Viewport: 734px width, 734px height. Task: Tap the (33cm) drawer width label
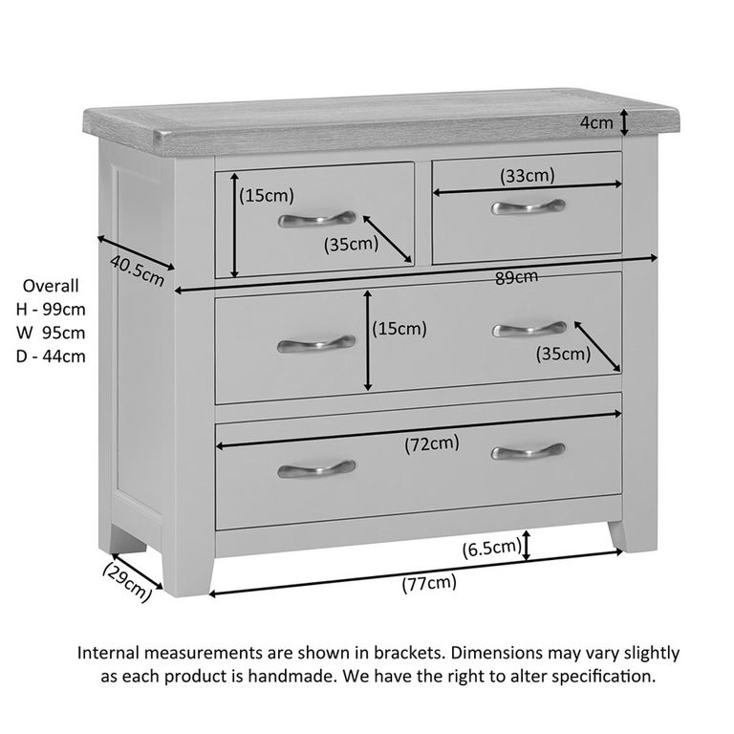pyautogui.click(x=528, y=176)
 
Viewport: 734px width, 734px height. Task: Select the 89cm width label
pyautogui.click(x=516, y=277)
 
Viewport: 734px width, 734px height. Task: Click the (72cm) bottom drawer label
pyautogui.click(x=431, y=443)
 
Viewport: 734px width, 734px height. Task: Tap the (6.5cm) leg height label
pyautogui.click(x=492, y=549)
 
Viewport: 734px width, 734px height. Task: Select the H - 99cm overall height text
pyautogui.click(x=51, y=309)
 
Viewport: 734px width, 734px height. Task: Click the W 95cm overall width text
pyautogui.click(x=51, y=333)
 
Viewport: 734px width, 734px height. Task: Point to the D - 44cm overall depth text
pyautogui.click(x=51, y=356)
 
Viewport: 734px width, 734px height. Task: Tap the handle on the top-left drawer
pyautogui.click(x=316, y=219)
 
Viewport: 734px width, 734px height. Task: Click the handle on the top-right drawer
pyautogui.click(x=528, y=206)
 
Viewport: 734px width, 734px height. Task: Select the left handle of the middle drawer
pyautogui.click(x=315, y=343)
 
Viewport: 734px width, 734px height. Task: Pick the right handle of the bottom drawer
pyautogui.click(x=528, y=451)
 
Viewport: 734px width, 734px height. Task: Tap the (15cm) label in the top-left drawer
pyautogui.click(x=267, y=196)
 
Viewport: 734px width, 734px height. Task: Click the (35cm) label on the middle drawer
pyautogui.click(x=563, y=354)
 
